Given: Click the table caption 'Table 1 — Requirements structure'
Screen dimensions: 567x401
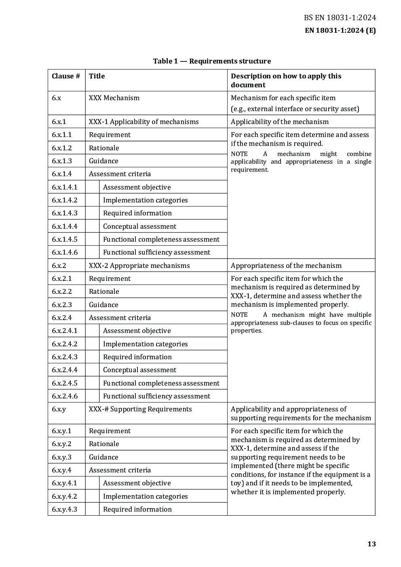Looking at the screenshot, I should point(212,61).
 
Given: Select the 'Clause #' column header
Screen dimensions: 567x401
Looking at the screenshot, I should point(66,76).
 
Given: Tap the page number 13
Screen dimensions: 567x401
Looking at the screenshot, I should point(371,544).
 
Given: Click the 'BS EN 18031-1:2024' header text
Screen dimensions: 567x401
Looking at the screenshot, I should point(340,17).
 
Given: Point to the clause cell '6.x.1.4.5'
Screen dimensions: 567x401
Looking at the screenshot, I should point(65,239).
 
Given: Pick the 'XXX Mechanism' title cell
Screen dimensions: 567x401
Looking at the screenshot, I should point(114,98).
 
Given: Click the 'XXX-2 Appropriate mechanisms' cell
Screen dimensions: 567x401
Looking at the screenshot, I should point(139,266).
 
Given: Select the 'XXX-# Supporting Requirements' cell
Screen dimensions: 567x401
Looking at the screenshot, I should point(140,409).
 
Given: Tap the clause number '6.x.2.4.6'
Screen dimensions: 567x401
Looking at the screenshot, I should point(65,396).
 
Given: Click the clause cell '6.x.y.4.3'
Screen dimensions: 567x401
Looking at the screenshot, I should point(64,509).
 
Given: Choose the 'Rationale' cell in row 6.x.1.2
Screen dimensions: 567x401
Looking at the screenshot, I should point(104,148).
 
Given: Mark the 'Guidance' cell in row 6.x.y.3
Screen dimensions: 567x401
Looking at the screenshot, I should point(103,457).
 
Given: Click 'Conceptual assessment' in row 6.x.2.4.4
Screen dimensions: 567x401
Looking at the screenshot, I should point(139,370).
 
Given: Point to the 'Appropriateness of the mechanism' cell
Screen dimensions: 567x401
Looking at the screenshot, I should point(286,266).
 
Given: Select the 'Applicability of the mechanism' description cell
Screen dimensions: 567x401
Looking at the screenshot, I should point(279,122).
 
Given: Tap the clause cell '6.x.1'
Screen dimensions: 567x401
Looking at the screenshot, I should point(59,122).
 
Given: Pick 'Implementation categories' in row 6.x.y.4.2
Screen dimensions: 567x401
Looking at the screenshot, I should point(145,496).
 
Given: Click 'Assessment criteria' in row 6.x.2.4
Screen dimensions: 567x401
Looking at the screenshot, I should point(120,318).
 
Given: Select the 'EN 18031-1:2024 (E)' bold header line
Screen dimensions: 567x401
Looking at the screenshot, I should point(340,30).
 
